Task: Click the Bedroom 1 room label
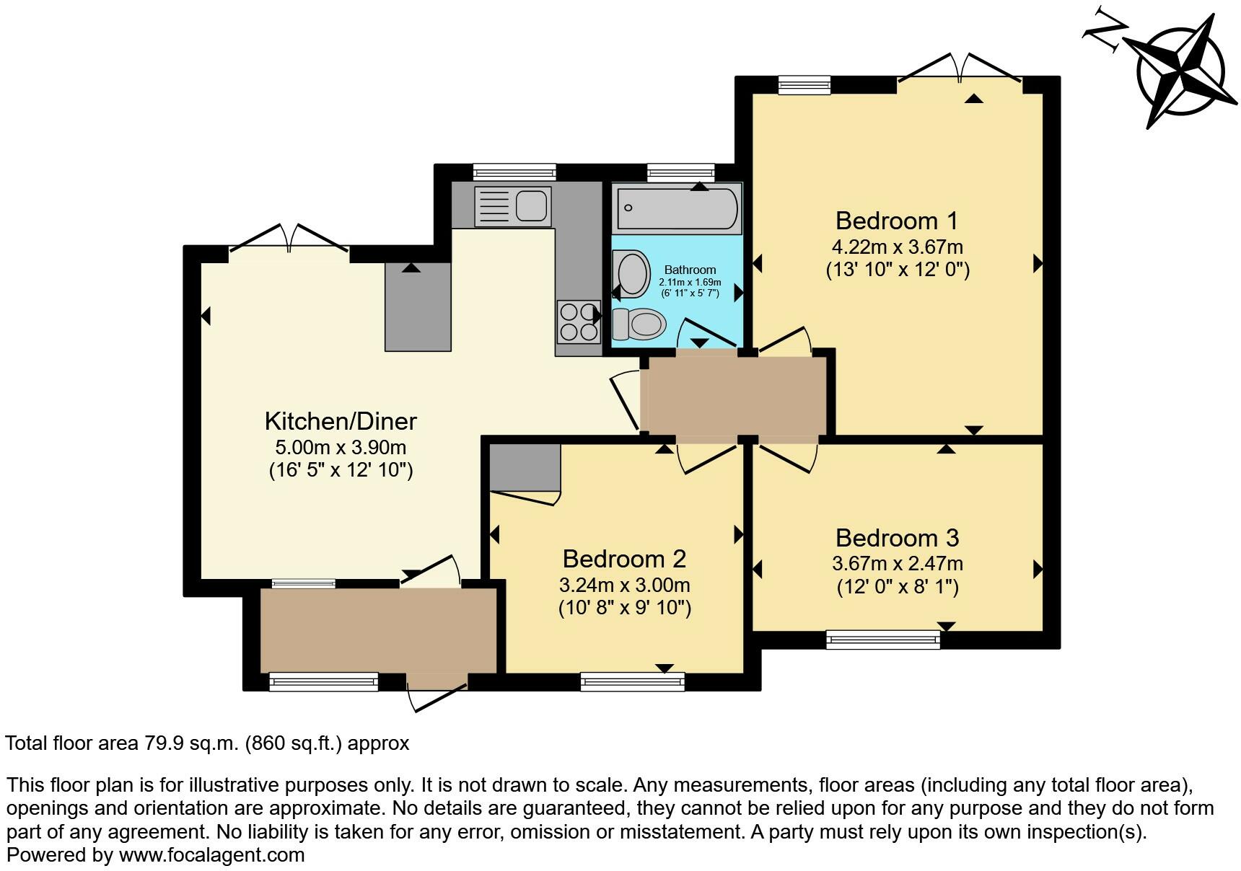click(897, 221)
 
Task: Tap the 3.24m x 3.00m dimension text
click(624, 585)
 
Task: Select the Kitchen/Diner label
click(341, 421)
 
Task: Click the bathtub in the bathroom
click(677, 207)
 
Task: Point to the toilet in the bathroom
click(639, 324)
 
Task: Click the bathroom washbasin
click(632, 274)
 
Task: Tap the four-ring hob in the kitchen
click(578, 322)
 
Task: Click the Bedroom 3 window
click(883, 639)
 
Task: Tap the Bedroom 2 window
click(632, 681)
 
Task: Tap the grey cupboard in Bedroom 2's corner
click(525, 467)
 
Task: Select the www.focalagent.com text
click(211, 855)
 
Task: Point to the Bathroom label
click(690, 270)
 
